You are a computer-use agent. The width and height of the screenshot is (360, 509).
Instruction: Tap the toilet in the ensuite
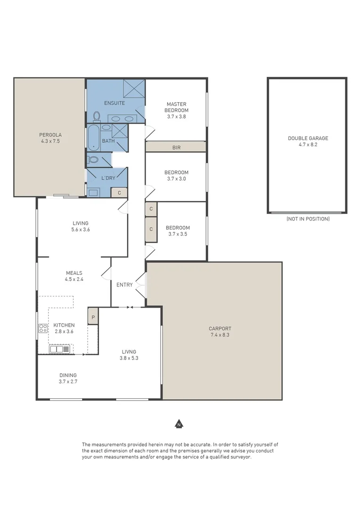coord(97,116)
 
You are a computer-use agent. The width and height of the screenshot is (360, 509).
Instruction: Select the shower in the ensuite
coord(134,88)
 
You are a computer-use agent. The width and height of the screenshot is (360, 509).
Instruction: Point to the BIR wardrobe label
coord(176,148)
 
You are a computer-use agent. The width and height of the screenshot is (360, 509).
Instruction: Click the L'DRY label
coord(108,178)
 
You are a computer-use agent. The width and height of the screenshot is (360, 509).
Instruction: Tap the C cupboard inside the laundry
coord(119,192)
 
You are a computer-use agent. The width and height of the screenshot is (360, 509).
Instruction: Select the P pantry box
coord(93,317)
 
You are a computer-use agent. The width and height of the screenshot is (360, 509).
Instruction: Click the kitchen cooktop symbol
coord(43,328)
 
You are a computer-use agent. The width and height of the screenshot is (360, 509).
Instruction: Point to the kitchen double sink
coord(59,349)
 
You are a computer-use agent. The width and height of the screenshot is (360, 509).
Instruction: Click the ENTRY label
coord(124,285)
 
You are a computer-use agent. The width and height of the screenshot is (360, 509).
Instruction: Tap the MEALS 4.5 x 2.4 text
coord(74,276)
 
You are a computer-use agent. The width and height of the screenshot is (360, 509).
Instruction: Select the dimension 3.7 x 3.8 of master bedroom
coord(176,116)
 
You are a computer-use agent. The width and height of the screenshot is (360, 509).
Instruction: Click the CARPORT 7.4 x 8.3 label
coord(220,332)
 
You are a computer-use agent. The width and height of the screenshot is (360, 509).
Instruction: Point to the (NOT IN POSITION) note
coord(308,219)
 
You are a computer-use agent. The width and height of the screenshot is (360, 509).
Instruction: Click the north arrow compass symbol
coord(179,424)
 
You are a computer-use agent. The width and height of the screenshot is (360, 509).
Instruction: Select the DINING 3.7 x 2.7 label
coord(68,378)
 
